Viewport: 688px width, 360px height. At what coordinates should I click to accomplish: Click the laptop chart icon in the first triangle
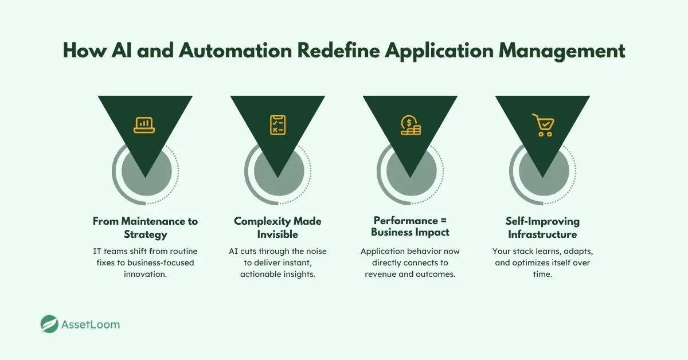(144, 124)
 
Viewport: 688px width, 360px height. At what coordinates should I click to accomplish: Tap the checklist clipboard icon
(277, 124)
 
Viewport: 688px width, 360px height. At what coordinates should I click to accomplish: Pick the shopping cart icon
(542, 125)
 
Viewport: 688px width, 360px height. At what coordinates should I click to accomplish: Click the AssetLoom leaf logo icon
(50, 324)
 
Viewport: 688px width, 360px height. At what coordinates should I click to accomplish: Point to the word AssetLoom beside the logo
(91, 324)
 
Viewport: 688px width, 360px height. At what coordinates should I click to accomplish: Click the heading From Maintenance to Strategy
(144, 228)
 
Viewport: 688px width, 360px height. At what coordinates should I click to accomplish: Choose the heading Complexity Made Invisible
(277, 228)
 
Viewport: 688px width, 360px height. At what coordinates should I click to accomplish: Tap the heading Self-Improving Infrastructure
(542, 228)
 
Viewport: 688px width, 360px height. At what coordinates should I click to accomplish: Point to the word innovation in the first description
(145, 275)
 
